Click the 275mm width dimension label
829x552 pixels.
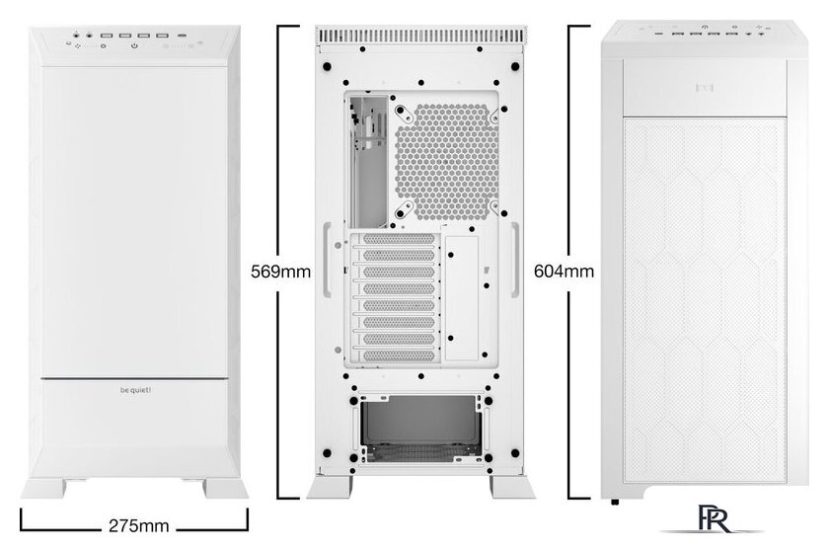tap(138, 525)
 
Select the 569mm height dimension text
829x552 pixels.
tap(280, 272)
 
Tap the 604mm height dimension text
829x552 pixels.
tap(564, 271)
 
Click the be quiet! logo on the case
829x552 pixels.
tap(135, 391)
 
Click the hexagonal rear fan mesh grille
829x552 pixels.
tap(447, 161)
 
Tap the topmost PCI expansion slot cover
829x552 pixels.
tap(399, 239)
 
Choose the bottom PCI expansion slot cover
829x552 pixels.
tap(399, 355)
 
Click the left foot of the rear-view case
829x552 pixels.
tap(330, 488)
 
